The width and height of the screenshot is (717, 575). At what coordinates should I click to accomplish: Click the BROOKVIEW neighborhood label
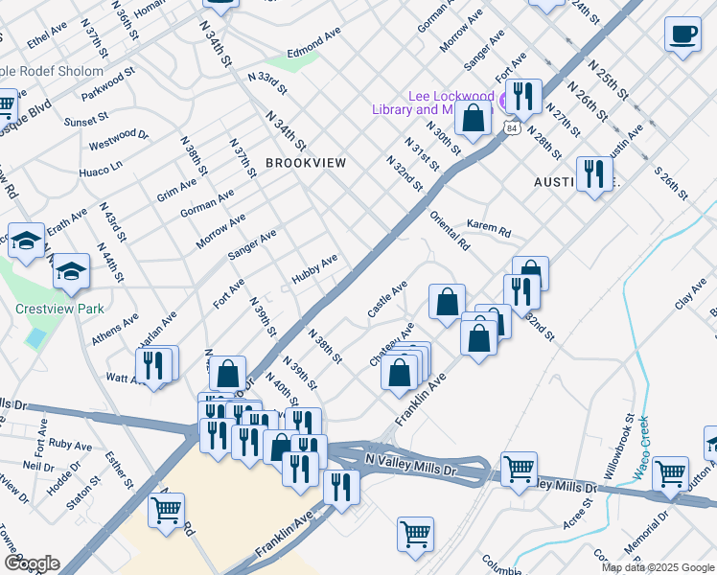click(306, 163)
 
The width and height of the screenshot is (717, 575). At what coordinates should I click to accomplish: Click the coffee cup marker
click(682, 36)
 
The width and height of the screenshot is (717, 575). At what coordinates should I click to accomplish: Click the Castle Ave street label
click(388, 299)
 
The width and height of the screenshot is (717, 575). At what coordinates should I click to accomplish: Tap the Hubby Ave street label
click(315, 267)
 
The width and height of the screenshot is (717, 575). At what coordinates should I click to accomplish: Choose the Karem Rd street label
click(489, 228)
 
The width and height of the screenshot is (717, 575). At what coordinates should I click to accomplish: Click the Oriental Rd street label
click(450, 230)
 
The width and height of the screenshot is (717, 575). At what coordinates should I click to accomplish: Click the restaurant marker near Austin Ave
click(594, 174)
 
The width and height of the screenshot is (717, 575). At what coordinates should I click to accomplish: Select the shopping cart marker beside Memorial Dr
click(670, 471)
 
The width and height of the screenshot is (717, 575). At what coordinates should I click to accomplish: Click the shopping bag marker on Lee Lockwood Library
click(473, 119)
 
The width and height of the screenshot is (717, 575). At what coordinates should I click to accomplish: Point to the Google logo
click(32, 563)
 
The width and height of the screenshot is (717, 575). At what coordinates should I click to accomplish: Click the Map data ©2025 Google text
click(658, 567)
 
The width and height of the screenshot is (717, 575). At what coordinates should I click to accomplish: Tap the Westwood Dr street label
click(119, 142)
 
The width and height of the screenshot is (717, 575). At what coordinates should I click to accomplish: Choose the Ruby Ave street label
click(70, 446)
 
